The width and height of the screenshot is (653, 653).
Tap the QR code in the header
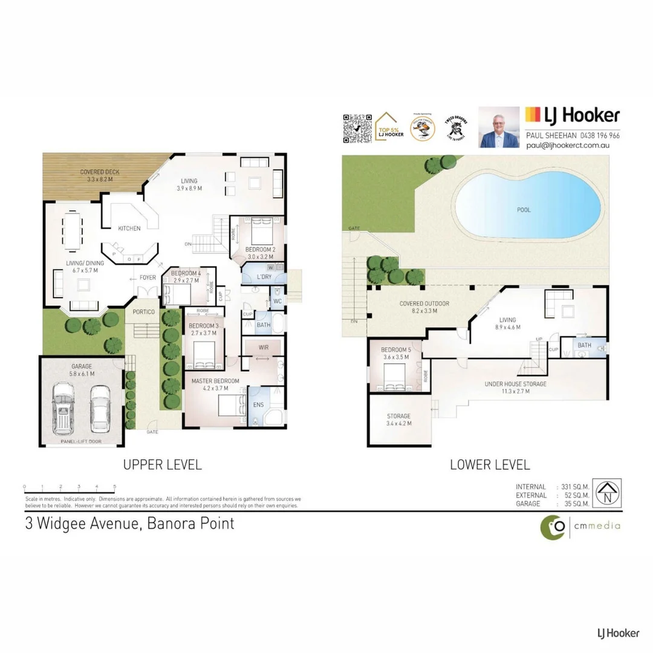click(x=357, y=128)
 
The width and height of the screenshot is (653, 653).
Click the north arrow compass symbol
click(x=606, y=494)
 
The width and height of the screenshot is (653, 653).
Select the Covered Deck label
click(x=100, y=172)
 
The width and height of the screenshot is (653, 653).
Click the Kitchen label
click(x=129, y=228)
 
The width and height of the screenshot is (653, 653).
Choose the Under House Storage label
click(x=515, y=384)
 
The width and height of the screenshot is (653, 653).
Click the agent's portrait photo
click(x=499, y=127)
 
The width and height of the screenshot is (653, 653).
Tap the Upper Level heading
click(x=162, y=464)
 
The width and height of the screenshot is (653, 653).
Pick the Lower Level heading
click(x=490, y=464)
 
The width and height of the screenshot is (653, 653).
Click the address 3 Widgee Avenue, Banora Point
click(x=129, y=523)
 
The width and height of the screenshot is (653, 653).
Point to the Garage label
click(x=81, y=366)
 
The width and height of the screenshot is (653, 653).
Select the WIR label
click(x=263, y=347)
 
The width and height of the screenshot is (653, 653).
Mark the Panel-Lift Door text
click(x=81, y=442)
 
